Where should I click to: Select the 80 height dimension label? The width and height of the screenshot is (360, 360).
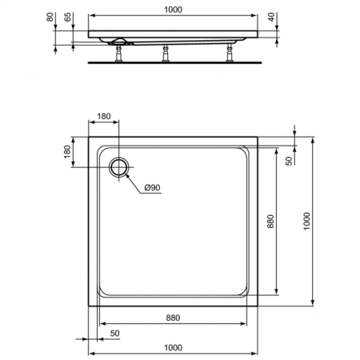tap(50, 16)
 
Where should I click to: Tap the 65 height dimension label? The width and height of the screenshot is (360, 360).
tap(68, 16)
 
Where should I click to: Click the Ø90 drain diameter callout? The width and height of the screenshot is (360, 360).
tap(152, 188)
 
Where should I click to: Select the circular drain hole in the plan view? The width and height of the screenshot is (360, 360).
tap(119, 166)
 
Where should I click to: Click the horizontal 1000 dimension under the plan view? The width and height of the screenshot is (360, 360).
tap(173, 346)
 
